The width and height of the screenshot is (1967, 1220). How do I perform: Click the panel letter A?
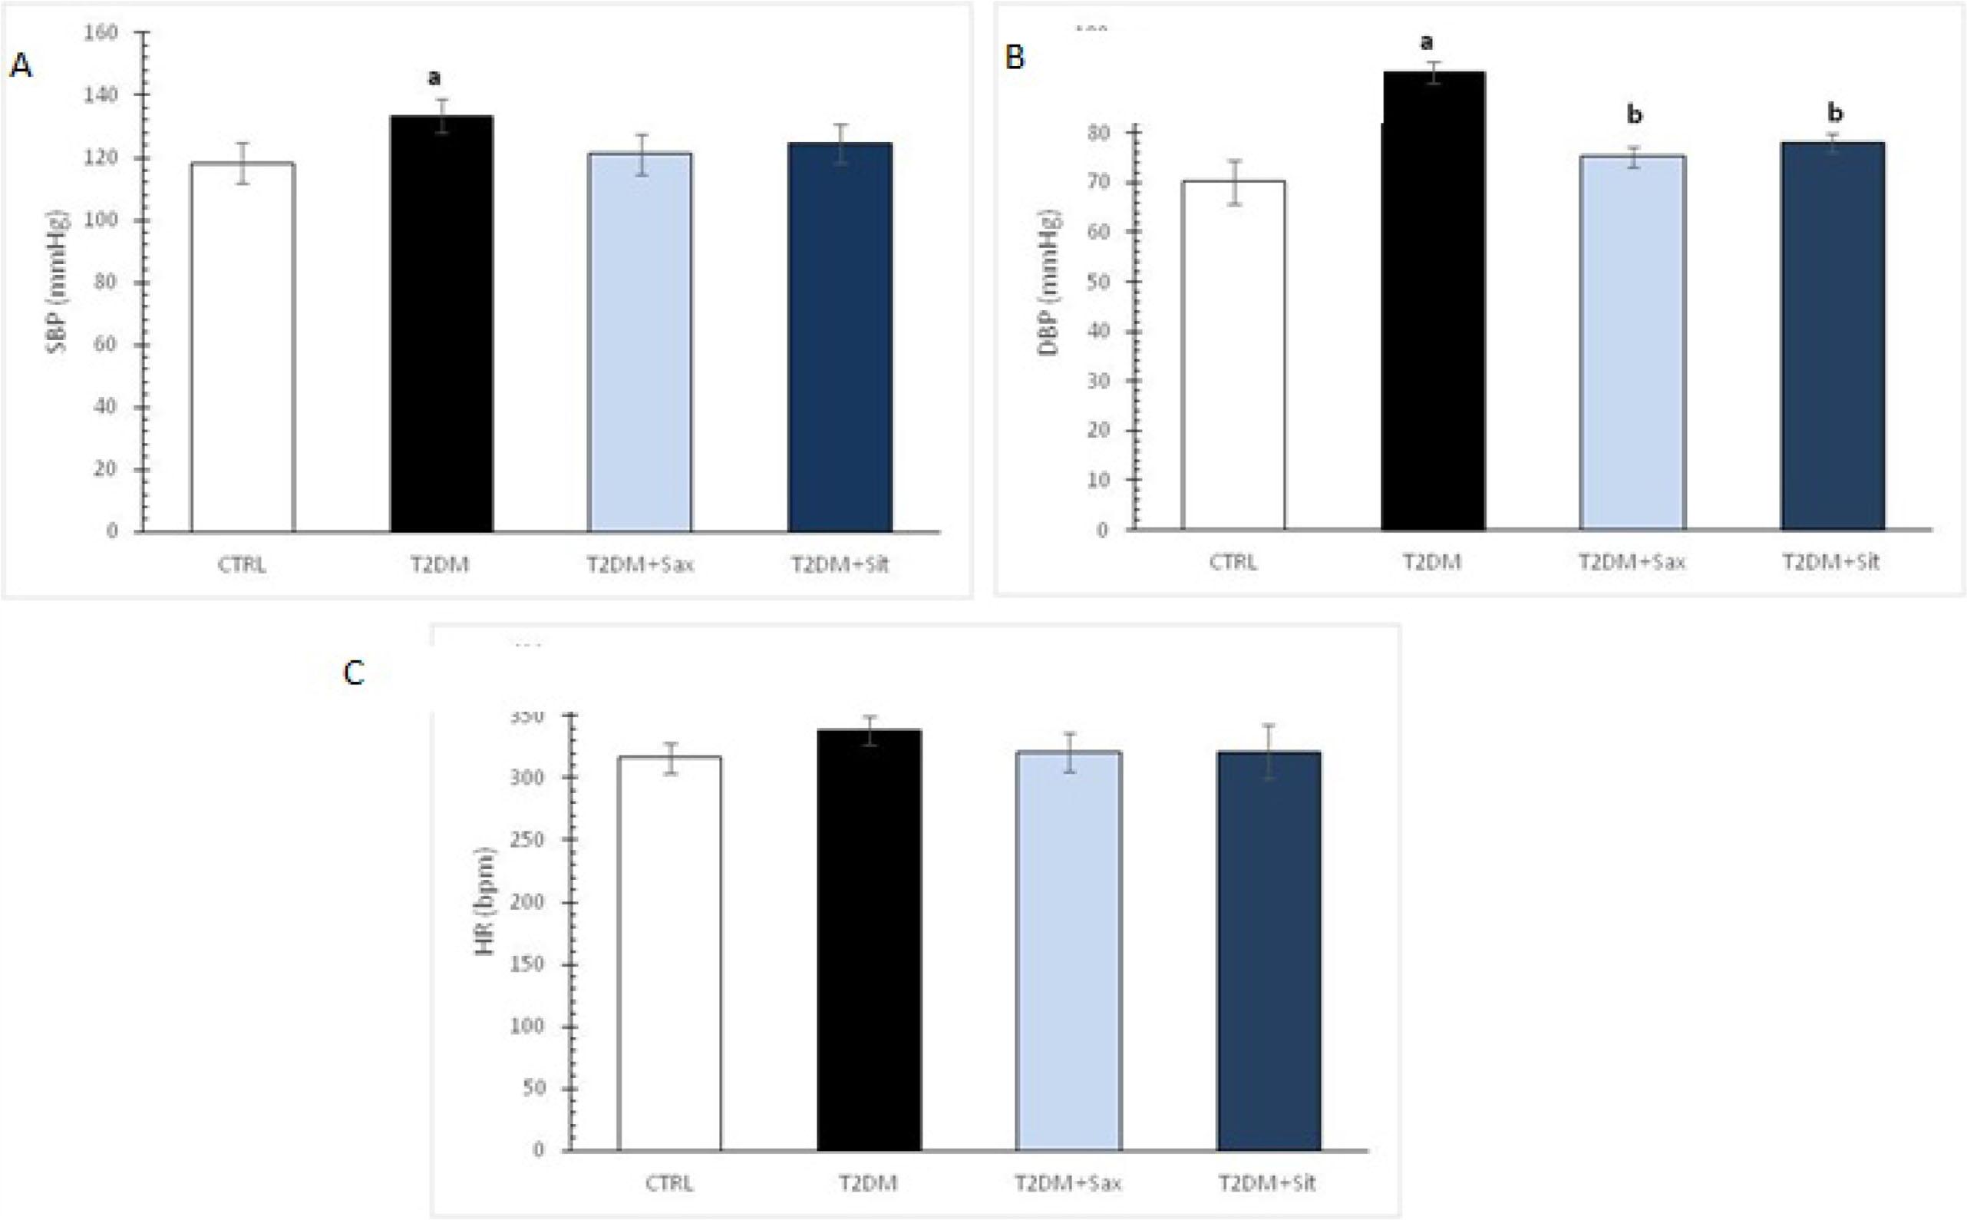(x=21, y=65)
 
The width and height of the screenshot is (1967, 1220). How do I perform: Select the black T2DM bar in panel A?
(x=441, y=322)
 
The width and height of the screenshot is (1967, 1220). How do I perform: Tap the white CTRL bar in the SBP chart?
(x=242, y=347)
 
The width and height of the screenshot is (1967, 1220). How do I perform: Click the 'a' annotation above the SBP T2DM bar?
(x=434, y=78)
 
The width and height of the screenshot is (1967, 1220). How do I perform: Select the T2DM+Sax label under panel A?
(x=639, y=564)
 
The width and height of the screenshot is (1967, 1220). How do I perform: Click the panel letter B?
(x=1014, y=58)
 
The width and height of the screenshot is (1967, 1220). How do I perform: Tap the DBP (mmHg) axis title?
(x=1049, y=283)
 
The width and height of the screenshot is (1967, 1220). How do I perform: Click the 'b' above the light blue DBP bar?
(x=1634, y=115)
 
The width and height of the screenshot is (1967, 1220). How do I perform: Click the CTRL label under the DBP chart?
(x=1233, y=561)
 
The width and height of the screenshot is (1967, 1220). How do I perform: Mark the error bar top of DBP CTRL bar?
(x=1234, y=160)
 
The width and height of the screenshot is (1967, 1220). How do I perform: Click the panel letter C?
(x=353, y=672)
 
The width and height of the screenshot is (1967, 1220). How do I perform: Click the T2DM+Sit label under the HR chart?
(x=1266, y=1184)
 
